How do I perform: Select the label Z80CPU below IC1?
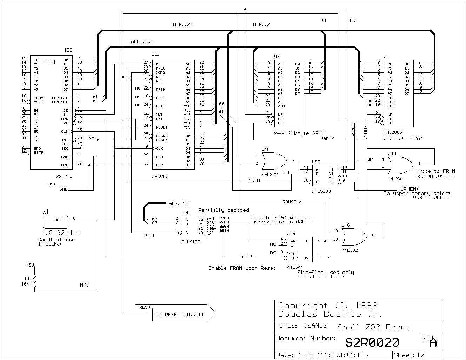(x=160, y=176)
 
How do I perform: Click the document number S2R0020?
(x=372, y=342)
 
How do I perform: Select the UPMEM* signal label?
(x=410, y=189)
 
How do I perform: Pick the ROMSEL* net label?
(x=292, y=202)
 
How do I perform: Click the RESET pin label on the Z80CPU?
(x=161, y=127)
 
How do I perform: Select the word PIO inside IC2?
(x=49, y=63)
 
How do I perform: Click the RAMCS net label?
(x=327, y=138)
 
